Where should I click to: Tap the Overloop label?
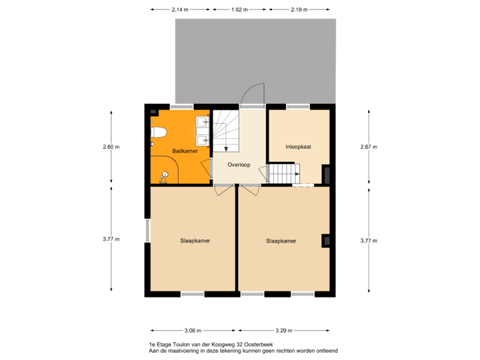[238, 164]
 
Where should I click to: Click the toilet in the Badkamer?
[157, 133]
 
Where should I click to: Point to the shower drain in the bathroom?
[165, 175]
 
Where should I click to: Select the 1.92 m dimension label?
[239, 10]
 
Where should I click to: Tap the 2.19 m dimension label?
[299, 10]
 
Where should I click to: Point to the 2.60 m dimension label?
[111, 147]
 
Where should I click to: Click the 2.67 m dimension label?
[369, 147]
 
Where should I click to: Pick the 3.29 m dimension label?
[283, 330]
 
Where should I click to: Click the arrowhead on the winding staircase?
[226, 149]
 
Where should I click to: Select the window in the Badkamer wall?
[181, 106]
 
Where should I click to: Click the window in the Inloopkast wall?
[298, 106]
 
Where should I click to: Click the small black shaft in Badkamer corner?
[153, 111]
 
